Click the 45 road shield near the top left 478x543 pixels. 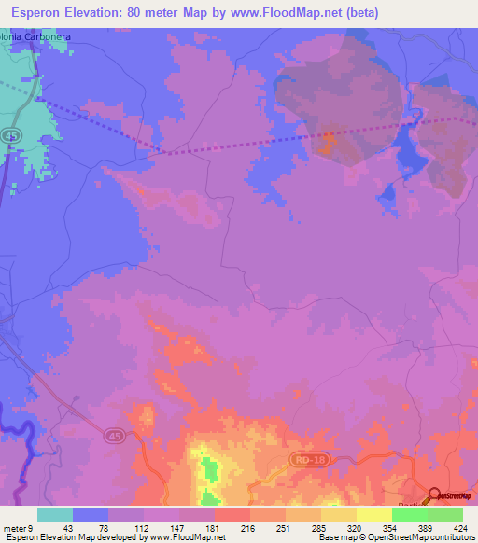pos(10,137)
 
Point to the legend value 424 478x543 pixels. pos(461,527)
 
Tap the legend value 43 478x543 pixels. pos(69,527)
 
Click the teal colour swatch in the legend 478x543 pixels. pos(55,514)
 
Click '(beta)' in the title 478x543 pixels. pos(401,10)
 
